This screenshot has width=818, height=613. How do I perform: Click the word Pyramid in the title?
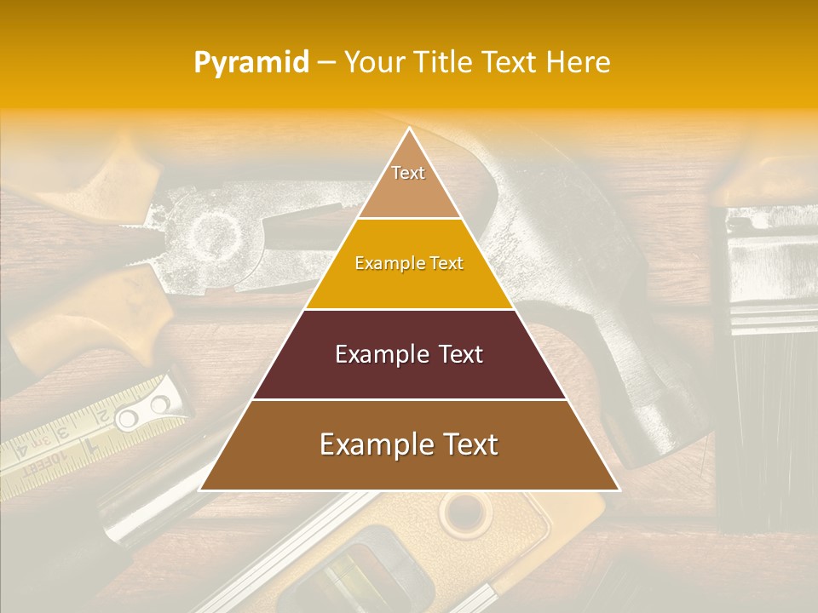click(x=251, y=63)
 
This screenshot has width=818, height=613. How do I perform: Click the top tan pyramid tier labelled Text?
click(x=408, y=183)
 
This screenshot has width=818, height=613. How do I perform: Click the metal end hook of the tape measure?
click(x=145, y=415)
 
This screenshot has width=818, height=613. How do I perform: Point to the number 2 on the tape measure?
click(x=100, y=419)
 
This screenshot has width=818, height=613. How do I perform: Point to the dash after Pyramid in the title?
click(x=325, y=63)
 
